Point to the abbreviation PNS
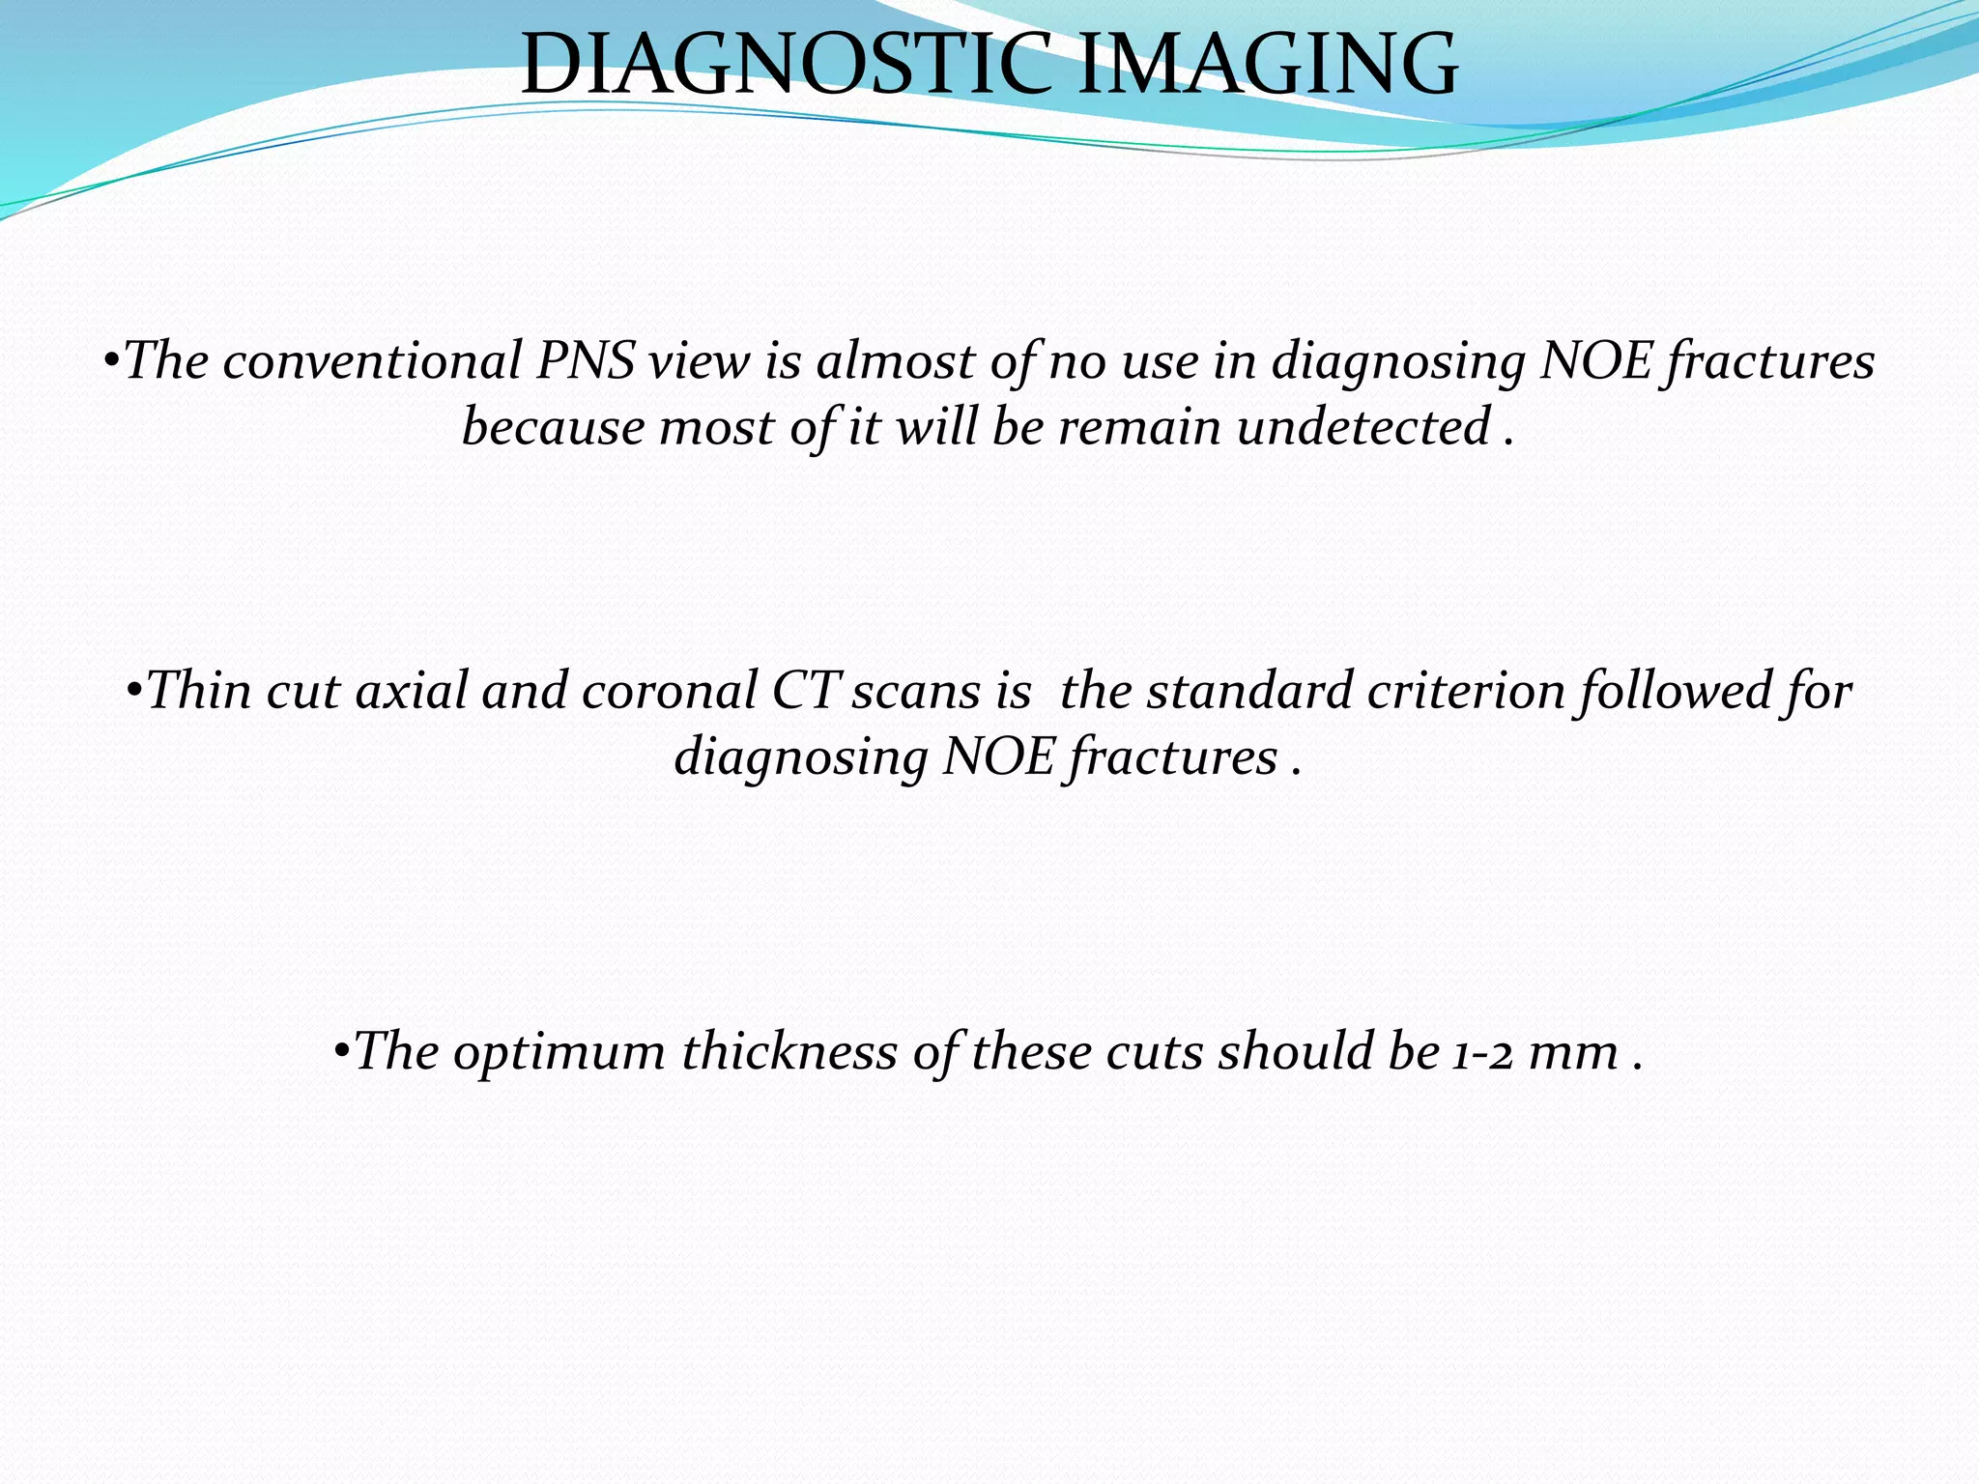(x=586, y=361)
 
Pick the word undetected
(x=1363, y=427)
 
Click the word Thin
(x=199, y=692)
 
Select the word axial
(x=412, y=692)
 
